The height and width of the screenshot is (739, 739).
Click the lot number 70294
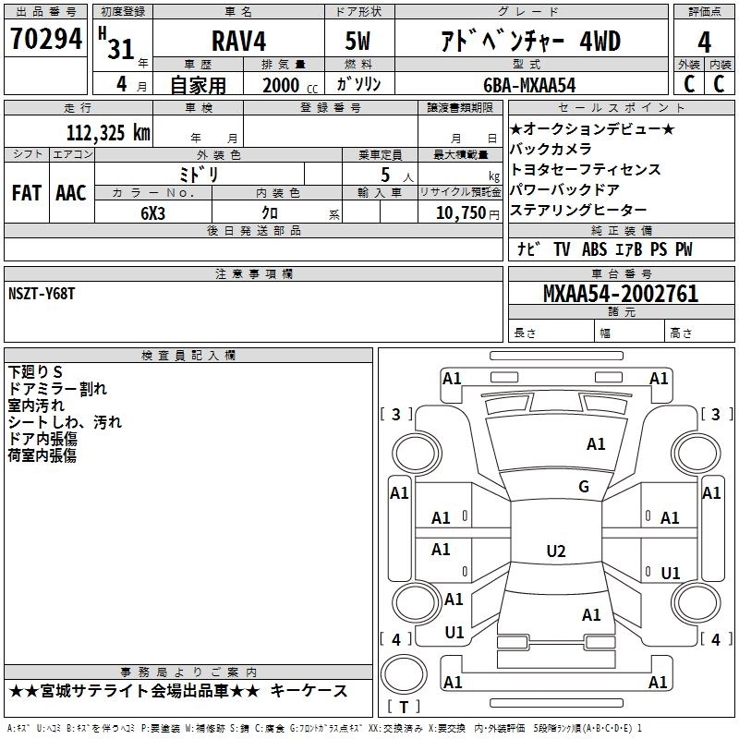point(46,41)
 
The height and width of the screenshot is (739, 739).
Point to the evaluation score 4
point(704,42)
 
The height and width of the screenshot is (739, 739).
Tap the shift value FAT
point(26,192)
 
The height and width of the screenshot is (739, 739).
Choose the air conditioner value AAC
point(70,192)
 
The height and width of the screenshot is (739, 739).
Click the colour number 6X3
point(153,212)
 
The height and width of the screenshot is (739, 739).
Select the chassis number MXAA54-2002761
point(621,294)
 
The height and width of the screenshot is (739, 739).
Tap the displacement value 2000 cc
point(283,85)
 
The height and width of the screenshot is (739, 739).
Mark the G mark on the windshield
point(583,487)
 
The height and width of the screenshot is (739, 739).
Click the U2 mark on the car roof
point(555,551)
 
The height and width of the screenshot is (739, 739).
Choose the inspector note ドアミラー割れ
point(56,388)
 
